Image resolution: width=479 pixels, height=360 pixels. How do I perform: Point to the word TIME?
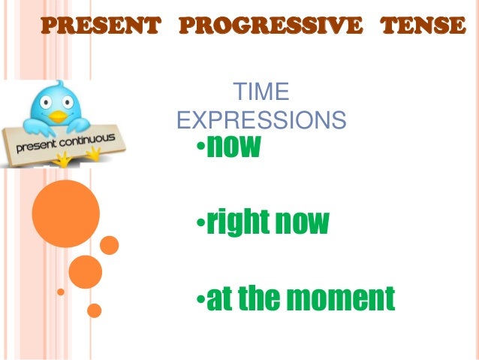coord(261,93)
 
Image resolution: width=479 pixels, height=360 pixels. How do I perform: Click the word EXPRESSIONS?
coord(261,119)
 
